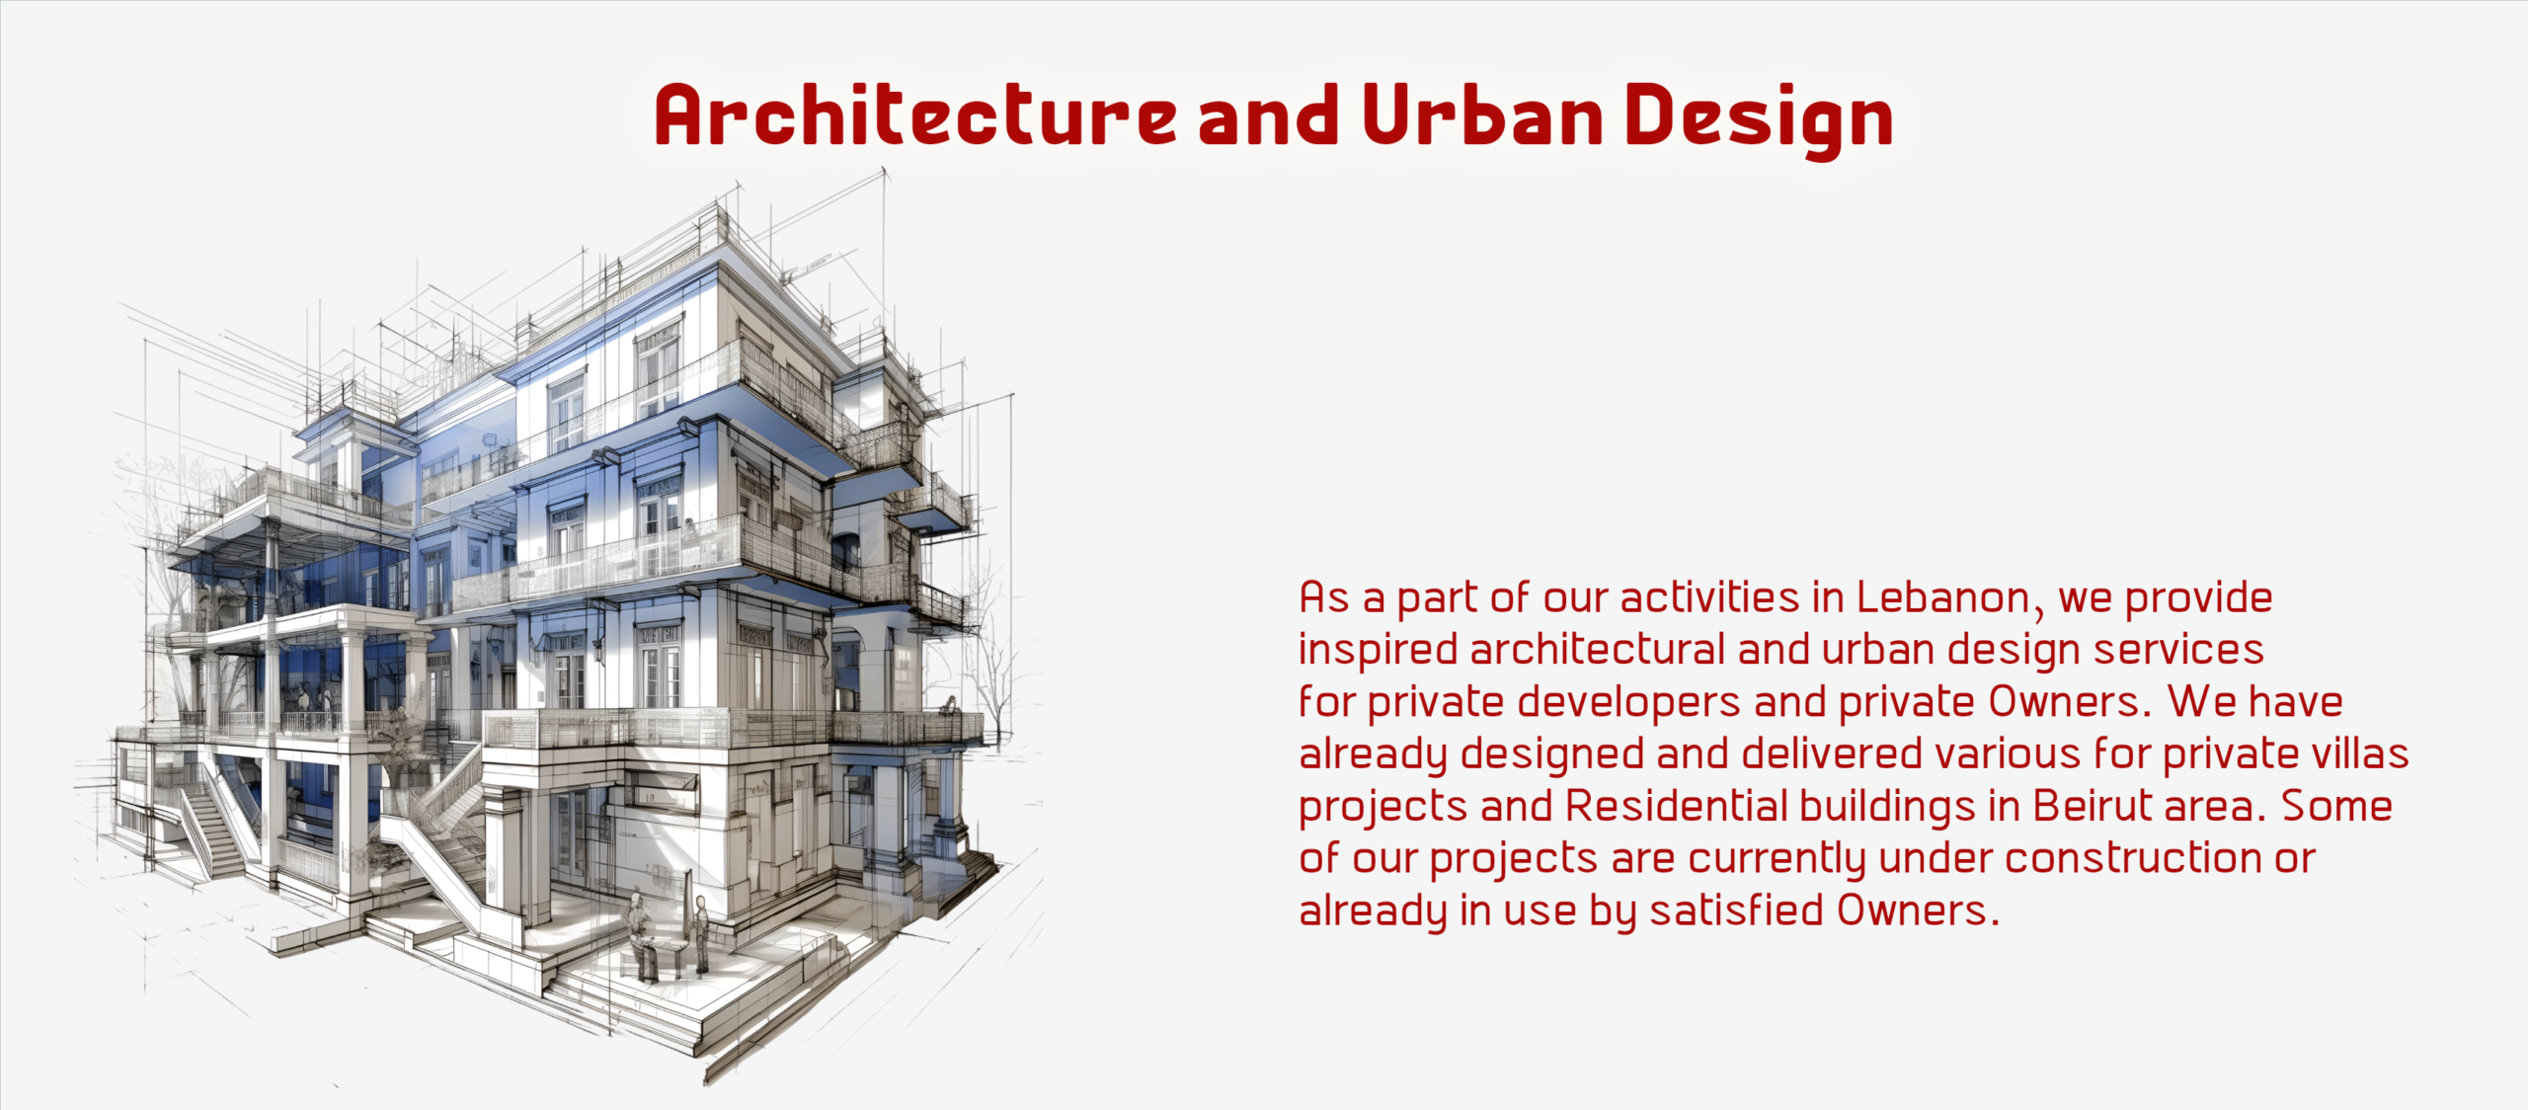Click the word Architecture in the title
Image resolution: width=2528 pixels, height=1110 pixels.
915,116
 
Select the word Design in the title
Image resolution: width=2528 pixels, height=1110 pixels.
1759,119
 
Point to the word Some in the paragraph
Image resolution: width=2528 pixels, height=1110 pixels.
2336,806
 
